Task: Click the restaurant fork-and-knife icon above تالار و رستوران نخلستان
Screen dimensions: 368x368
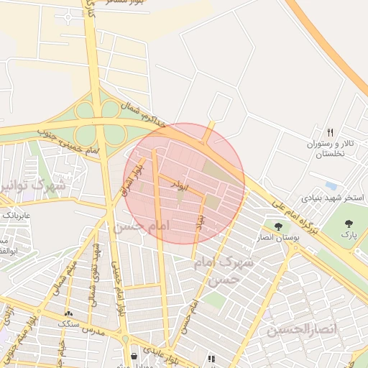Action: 331,132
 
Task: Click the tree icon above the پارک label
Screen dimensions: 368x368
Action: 349,224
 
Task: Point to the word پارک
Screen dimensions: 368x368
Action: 349,235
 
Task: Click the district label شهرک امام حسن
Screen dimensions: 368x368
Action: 224,270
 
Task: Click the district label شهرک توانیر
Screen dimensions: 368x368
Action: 32,187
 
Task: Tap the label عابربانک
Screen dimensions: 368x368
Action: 16,214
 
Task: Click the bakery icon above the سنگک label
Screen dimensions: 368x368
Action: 69,313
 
